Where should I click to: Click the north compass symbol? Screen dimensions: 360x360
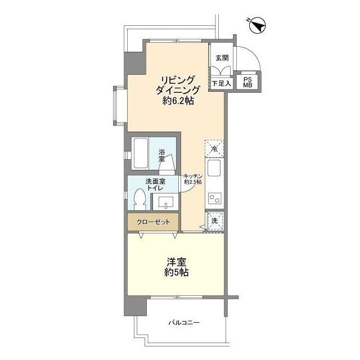pos(257,25)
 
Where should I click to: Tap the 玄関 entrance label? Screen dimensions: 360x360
pos(222,57)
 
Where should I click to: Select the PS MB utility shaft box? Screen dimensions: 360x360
pos(247,82)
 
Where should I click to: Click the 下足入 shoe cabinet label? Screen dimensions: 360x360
pos(221,83)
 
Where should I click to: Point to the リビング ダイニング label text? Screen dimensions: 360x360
pos(178,85)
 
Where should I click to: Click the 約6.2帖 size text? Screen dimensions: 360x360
pos(178,101)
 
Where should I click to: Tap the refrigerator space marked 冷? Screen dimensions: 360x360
pos(214,148)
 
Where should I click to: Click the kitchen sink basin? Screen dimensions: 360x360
pos(214,168)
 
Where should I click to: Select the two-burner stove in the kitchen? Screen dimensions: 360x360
pos(215,199)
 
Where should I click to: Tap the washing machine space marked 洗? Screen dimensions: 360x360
pos(215,221)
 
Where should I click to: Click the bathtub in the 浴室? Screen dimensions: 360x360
pos(141,153)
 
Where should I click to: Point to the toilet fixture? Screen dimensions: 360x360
pos(140,199)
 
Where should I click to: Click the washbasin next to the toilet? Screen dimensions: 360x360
pos(165,202)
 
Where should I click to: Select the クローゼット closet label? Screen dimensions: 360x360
pos(153,222)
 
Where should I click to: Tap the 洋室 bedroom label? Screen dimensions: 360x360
pos(176,262)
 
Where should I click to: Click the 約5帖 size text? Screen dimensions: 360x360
pos(176,272)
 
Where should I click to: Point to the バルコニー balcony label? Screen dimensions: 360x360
pos(184,322)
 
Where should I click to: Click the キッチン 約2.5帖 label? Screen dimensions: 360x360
pos(193,179)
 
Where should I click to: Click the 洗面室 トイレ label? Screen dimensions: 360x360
pos(155,184)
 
